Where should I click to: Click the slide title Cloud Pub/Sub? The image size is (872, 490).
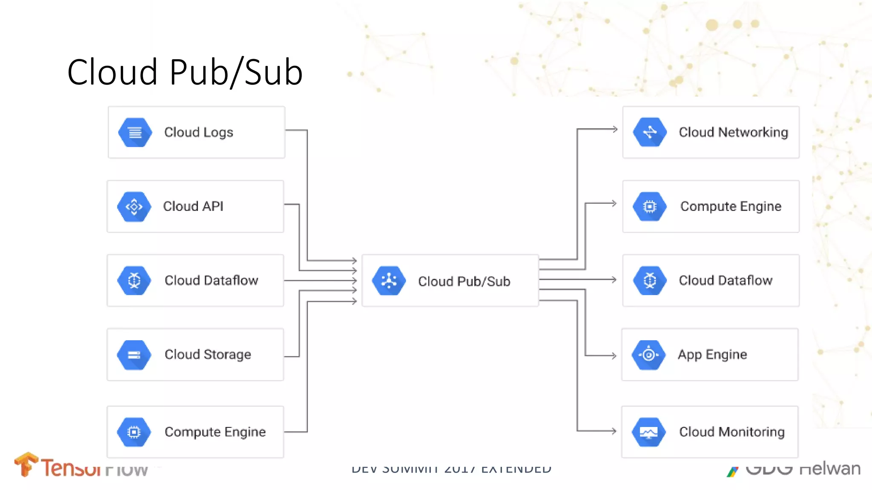coord(185,72)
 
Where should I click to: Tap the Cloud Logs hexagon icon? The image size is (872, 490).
coord(135,133)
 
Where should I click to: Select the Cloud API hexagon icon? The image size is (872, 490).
coord(134,207)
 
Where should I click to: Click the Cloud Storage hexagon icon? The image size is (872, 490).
coord(134,355)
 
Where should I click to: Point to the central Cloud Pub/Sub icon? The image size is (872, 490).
coord(389,281)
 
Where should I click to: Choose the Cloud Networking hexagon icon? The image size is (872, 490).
coord(650,132)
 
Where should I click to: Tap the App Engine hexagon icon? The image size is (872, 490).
coord(648,354)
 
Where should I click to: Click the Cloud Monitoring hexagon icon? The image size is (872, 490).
coord(648,432)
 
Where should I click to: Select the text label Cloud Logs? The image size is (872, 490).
coord(199,133)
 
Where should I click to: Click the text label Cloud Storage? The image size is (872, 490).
coord(208,355)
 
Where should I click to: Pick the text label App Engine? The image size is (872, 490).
coord(712,355)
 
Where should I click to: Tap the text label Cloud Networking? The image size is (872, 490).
coord(733,132)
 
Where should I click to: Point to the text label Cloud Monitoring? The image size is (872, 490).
coord(731,432)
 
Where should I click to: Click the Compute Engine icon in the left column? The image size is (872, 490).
coord(134,432)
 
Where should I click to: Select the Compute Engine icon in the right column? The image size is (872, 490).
coord(650,207)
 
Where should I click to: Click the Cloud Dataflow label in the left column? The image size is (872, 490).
coord(211,281)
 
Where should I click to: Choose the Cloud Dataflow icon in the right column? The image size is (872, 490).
coord(650,281)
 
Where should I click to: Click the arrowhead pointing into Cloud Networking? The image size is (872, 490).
coord(614,129)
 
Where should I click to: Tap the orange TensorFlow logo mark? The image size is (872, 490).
coord(26,464)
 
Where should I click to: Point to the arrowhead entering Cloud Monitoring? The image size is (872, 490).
coord(614,431)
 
